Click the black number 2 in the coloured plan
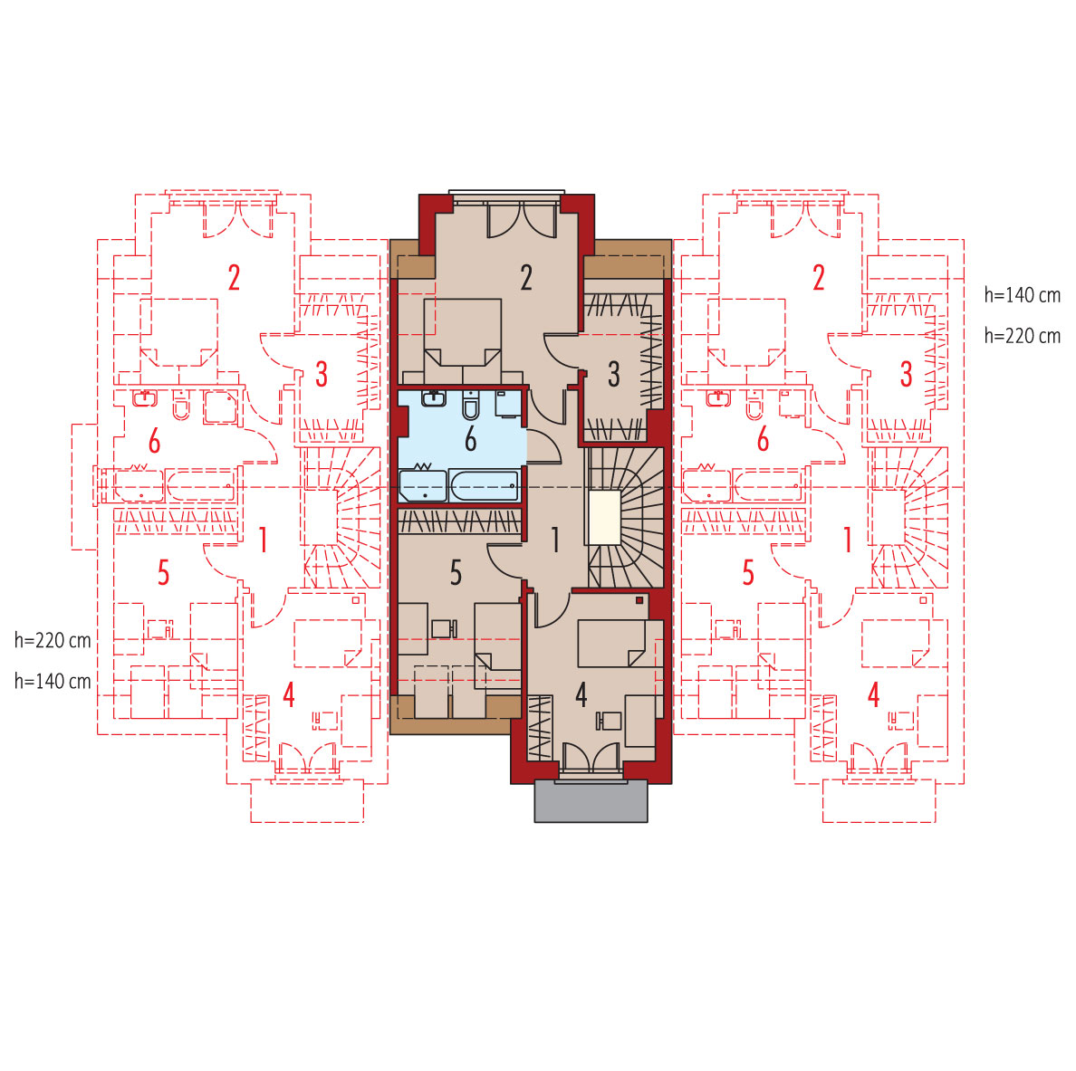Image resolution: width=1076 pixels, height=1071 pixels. [x=526, y=278]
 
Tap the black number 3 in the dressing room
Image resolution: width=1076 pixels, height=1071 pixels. [x=614, y=375]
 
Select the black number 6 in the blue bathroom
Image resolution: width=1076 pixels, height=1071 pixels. [x=470, y=440]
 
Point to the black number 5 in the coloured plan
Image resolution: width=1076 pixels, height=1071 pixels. [x=456, y=573]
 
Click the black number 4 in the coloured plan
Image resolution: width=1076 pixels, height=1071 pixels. [x=581, y=695]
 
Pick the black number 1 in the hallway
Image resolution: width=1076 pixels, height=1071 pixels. [x=556, y=540]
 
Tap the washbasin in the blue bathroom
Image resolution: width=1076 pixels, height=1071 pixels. [x=433, y=398]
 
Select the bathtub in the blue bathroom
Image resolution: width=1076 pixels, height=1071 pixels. [x=484, y=486]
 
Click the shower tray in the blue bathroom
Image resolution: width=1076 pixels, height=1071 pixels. [x=423, y=486]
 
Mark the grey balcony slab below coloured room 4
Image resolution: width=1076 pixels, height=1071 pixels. [x=591, y=800]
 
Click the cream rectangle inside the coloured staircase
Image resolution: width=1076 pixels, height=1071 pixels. [x=604, y=517]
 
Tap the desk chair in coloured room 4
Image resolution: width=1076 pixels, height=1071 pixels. [x=609, y=721]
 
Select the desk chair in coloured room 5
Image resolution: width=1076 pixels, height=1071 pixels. [x=444, y=628]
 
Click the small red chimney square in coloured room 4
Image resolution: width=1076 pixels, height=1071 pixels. [x=639, y=600]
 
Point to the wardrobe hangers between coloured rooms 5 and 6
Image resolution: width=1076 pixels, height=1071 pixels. [x=459, y=522]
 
